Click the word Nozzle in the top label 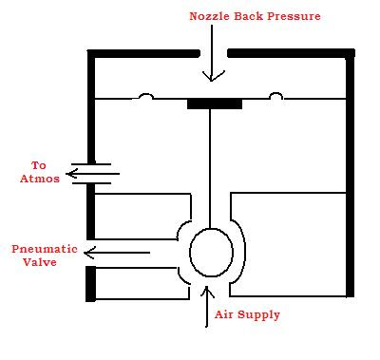(213, 16)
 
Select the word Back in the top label (255, 16)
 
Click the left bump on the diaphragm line (145, 96)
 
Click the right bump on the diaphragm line (276, 96)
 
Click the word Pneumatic (44, 249)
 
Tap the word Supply (261, 315)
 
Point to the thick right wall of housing (351, 171)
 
